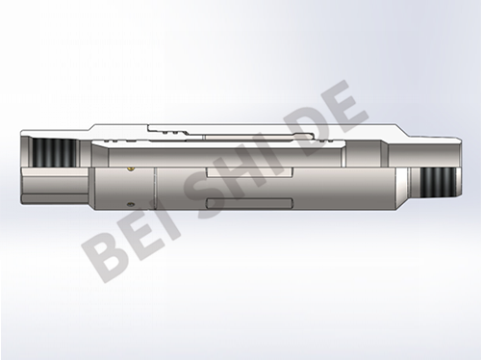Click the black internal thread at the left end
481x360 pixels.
(x=55, y=153)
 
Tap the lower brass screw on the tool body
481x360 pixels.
(x=130, y=203)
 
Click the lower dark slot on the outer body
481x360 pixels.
(x=250, y=203)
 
